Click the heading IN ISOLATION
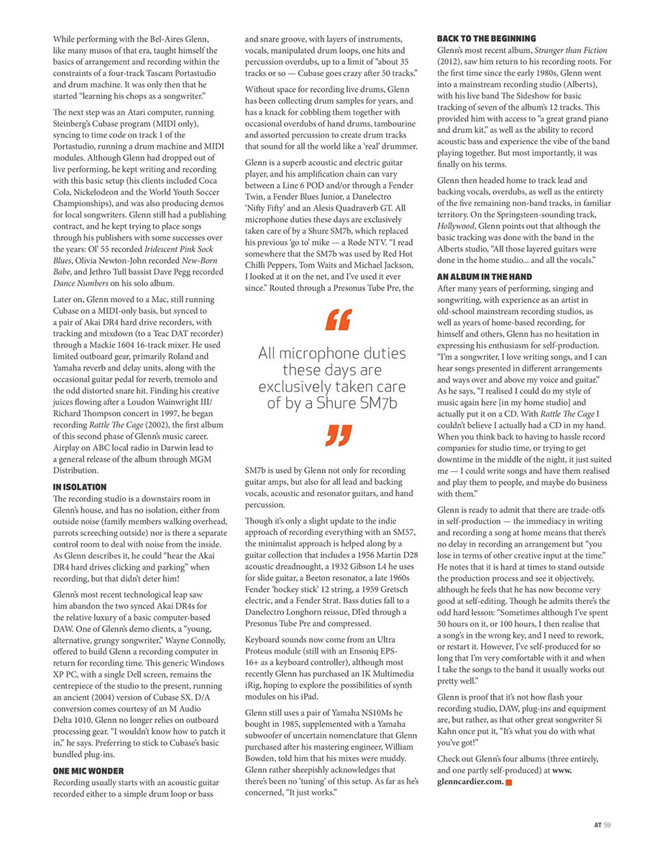coord(80,487)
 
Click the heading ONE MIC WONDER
coord(89,770)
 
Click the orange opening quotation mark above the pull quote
coord(338,320)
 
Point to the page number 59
coord(607,824)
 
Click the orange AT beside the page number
coord(597,824)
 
